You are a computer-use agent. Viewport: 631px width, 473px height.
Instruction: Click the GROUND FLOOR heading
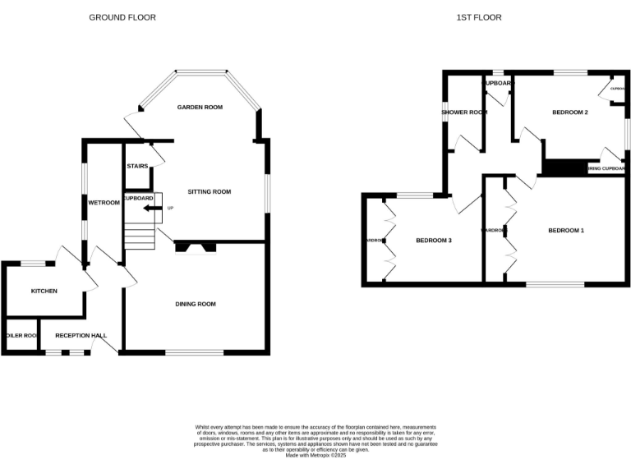tap(122, 17)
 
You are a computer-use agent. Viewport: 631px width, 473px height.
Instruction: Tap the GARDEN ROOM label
tap(200, 108)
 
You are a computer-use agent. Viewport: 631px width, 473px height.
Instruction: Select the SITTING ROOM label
tap(210, 191)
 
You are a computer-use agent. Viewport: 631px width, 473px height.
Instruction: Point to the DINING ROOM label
tap(196, 304)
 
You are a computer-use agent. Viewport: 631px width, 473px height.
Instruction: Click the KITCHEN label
tap(44, 291)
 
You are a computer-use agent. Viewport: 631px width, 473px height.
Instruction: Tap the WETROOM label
tap(104, 202)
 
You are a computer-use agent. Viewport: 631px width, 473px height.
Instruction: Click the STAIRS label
tap(137, 167)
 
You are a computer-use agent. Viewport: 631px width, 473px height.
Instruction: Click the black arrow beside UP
tap(150, 209)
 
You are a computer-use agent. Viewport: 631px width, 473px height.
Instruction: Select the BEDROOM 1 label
tap(566, 231)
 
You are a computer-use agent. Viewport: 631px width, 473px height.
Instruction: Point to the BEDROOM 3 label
tap(434, 240)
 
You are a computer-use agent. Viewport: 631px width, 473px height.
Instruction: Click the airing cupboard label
tap(606, 169)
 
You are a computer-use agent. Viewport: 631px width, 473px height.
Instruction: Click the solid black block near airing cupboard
tap(563, 168)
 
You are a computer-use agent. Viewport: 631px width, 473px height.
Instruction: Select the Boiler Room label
tap(21, 335)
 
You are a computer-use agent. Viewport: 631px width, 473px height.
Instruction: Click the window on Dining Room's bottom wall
tap(195, 353)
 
